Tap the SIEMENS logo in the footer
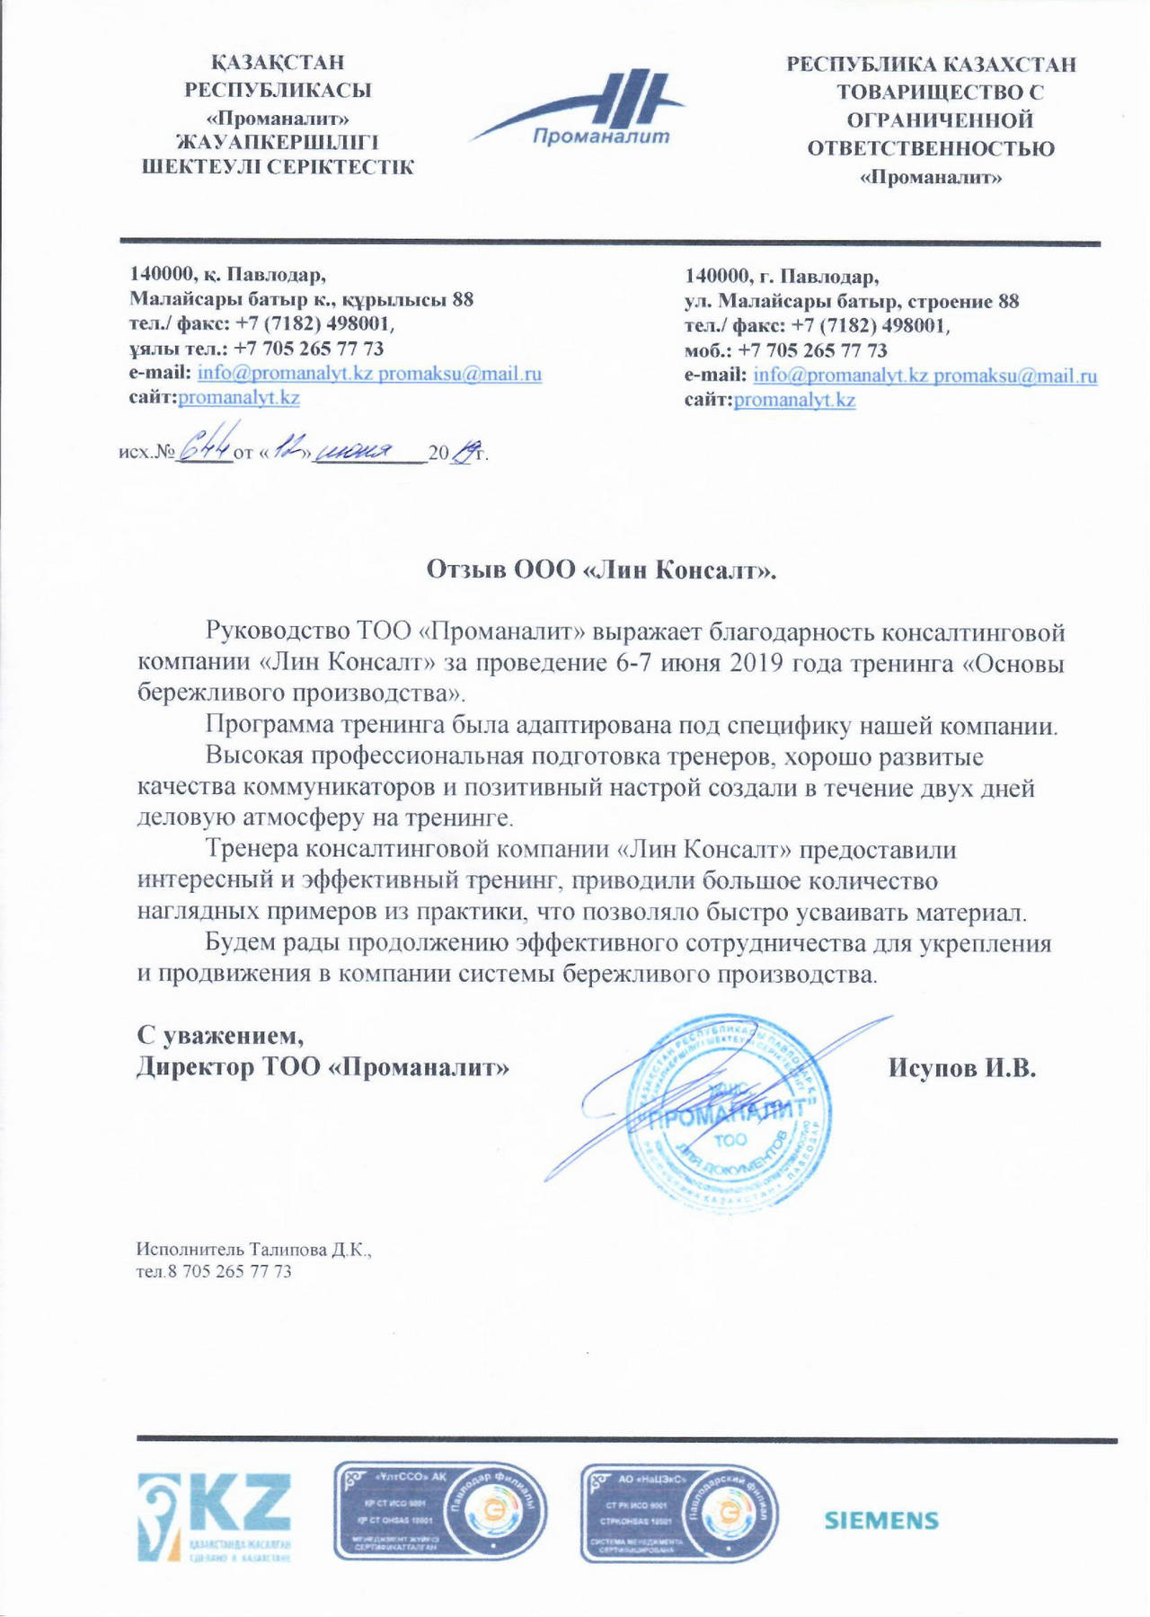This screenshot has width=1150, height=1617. [x=880, y=1520]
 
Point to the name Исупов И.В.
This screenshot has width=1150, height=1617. [x=962, y=1068]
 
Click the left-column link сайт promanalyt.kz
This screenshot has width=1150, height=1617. [x=239, y=398]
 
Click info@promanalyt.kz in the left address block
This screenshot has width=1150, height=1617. [x=285, y=374]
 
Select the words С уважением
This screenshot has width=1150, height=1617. [x=220, y=1036]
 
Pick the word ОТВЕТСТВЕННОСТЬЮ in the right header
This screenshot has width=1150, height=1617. [x=931, y=149]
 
